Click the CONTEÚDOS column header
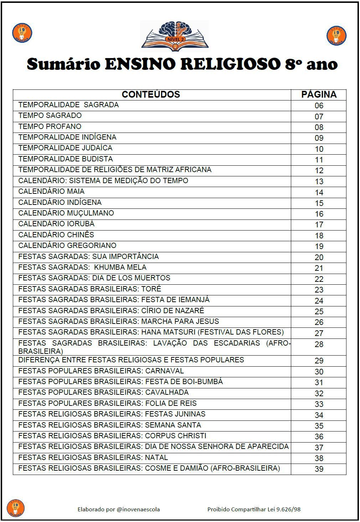click(151, 94)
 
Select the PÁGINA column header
click(319, 94)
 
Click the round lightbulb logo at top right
click(336, 35)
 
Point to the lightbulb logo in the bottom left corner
click(16, 508)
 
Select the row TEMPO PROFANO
click(50, 126)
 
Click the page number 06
click(319, 105)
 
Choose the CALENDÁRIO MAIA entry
click(51, 191)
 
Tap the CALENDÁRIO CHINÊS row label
click(56, 235)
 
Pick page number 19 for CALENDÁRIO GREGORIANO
click(319, 246)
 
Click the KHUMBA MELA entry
click(120, 267)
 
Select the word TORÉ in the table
click(151, 289)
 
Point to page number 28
click(319, 344)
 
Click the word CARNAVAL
click(164, 371)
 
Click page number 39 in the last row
click(319, 469)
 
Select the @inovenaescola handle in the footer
click(138, 509)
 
